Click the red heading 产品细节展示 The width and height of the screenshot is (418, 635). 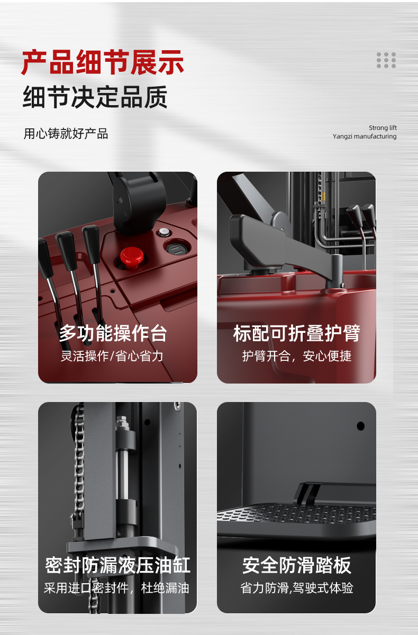coord(103,62)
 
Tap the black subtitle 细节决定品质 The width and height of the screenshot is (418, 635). coord(95,97)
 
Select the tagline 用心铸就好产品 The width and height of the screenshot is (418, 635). coord(66,134)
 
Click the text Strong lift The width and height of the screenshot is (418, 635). coord(383,128)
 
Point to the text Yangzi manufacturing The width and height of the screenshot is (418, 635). coord(365,136)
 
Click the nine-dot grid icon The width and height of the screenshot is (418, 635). coord(386,60)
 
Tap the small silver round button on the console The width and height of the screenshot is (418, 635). coord(163,232)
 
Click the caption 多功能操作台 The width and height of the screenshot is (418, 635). coord(113,333)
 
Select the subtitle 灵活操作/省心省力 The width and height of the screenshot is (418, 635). coord(112,356)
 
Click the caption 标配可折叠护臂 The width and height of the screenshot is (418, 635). coord(296,333)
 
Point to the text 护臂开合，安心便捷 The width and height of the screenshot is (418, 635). coord(297,356)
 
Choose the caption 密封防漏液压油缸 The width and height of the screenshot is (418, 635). coord(117,564)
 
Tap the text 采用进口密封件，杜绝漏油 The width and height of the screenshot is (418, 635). coord(116,588)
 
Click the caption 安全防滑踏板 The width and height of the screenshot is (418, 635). coord(296,565)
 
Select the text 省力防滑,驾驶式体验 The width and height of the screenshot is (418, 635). coord(297,588)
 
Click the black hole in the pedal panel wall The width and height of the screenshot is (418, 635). coord(360,426)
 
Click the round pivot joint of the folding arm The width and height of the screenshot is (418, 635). coord(280,221)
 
